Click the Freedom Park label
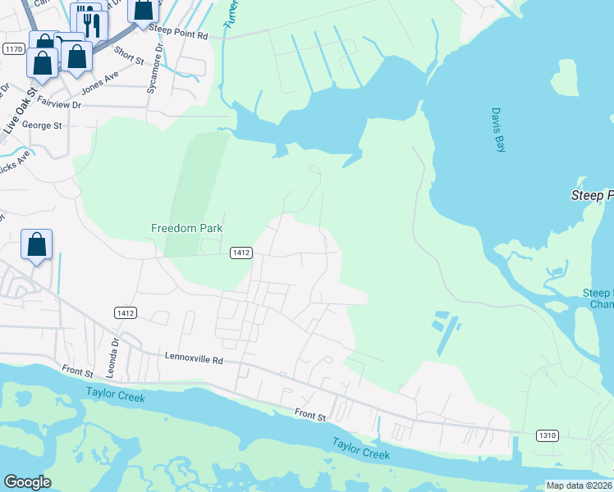(x=187, y=228)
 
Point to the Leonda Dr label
(x=116, y=353)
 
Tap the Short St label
(x=129, y=56)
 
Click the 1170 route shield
(x=13, y=49)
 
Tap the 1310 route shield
(x=548, y=434)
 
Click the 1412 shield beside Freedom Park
(x=240, y=253)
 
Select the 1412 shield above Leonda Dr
(x=126, y=312)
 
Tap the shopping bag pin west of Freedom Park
(x=37, y=244)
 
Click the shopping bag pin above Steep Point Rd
(x=143, y=10)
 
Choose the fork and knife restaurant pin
(x=85, y=20)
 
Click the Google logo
(x=28, y=482)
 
